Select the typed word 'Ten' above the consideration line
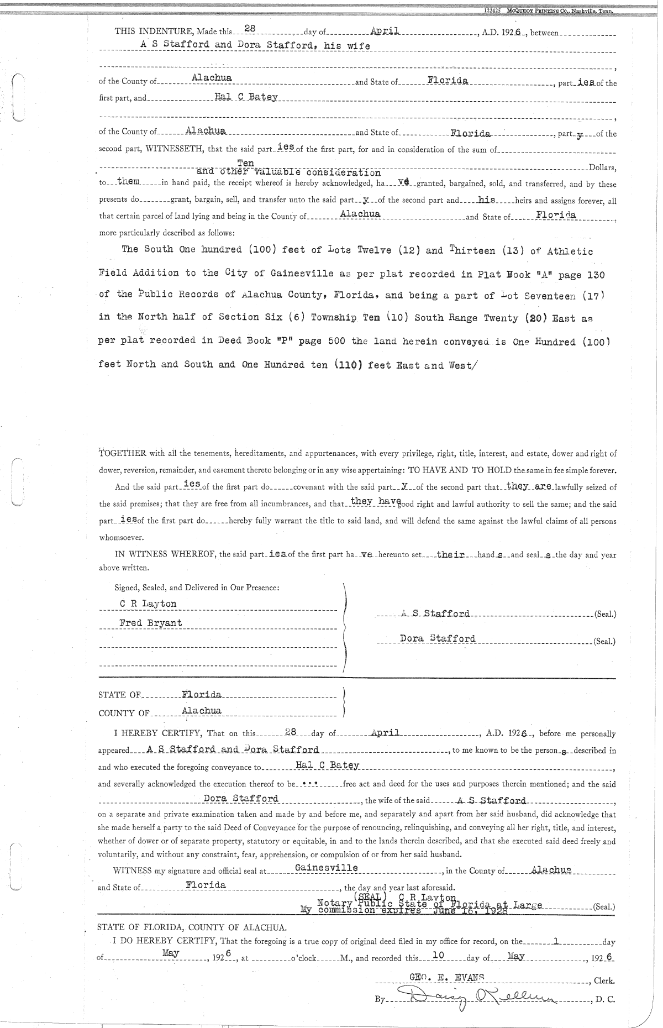245,163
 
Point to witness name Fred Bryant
151,623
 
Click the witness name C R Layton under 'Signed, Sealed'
149,604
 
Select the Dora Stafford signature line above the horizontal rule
437,639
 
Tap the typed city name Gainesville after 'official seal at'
326,868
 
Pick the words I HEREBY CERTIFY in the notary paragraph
157,734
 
